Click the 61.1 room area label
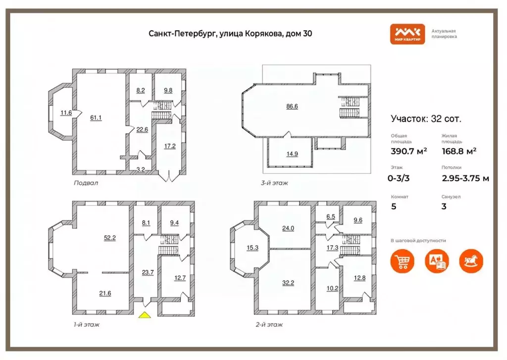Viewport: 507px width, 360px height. tap(96, 117)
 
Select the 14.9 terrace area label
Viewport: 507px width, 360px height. tap(292, 154)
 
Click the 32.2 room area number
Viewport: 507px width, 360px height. tap(288, 283)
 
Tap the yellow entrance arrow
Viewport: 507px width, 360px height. tap(145, 315)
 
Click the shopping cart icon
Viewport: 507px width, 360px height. tap(403, 261)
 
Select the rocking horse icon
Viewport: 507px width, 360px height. tap(470, 261)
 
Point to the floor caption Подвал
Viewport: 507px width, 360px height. tap(86, 183)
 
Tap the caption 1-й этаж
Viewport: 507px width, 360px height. tap(86, 325)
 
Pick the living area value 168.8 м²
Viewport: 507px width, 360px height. tap(459, 151)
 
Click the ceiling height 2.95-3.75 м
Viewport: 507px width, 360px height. tap(465, 178)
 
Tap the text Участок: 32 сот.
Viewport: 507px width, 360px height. tap(426, 119)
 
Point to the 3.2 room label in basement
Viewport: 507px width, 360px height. tap(140, 169)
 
